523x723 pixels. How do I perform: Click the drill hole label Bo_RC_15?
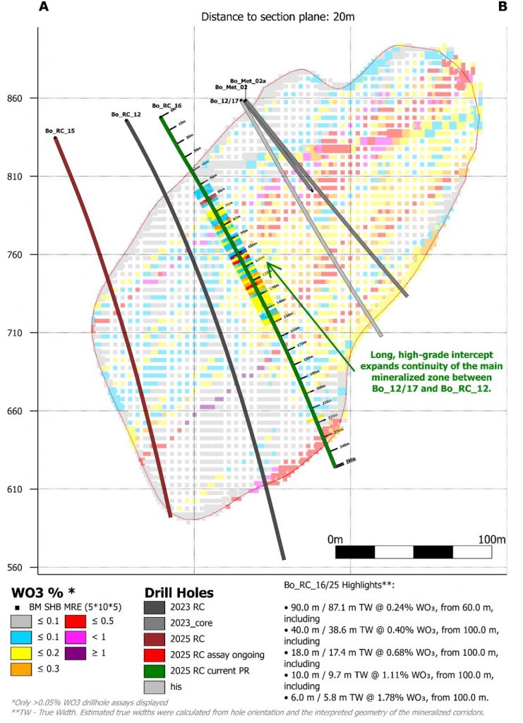(60, 131)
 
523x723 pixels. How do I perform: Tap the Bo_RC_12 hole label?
(126, 114)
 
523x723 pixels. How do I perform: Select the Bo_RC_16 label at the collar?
(167, 105)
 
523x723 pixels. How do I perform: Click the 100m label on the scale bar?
(491, 539)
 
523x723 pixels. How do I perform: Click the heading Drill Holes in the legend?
(179, 592)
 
